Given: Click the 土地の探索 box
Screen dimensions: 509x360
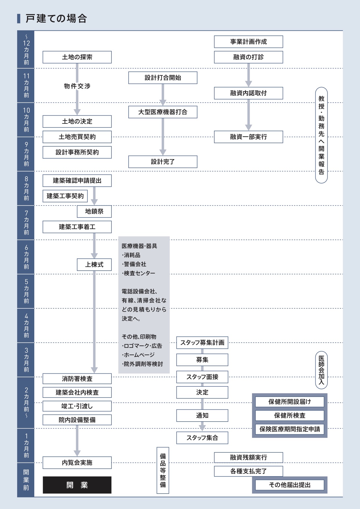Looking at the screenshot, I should pos(77,57).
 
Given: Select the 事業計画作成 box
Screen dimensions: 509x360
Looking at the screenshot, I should pos(248,42).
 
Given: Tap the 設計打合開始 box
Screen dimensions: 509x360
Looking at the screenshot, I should pos(163,78).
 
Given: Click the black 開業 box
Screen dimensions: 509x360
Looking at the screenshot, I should pos(77,485).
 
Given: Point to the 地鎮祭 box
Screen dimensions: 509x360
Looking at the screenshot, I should pos(94,211).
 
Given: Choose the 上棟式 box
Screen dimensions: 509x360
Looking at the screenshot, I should pos(94,265).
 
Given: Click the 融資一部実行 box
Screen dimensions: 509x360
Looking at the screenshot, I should pos(248,137).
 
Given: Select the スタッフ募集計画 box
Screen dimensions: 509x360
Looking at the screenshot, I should pos(202,343).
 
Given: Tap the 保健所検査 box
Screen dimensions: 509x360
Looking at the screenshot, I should pos(289,416).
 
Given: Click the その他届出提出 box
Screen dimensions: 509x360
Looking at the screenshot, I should pos(289,485).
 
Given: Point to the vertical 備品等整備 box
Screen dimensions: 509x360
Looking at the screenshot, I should pos(163,470).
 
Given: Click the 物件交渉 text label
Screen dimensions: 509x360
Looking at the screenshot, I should pos(77,86).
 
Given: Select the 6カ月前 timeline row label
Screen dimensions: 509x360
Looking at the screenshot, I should pos(26,257).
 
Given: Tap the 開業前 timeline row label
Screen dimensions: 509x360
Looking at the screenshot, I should pos(26,480).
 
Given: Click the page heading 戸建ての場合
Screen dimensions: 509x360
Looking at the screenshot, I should pos(56,19).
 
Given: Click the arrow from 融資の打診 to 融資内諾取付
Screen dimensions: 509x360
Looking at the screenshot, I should pos(248,75).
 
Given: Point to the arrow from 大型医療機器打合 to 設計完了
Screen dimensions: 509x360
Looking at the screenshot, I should pos(163,136).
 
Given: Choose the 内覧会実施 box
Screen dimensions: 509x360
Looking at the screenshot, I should pos(77,463).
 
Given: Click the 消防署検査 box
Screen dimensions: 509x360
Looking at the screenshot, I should pos(77,379).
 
